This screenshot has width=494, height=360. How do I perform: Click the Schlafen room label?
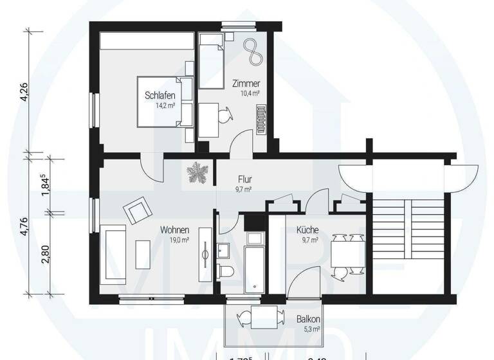pos(160,96)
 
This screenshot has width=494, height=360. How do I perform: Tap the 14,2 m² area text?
pos(165,105)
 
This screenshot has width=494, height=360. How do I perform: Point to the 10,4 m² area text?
pos(250,94)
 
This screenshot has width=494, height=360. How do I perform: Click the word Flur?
pos(244,179)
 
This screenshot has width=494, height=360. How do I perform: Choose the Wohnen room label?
pos(174,230)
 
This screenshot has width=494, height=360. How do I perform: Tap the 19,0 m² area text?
pos(178,240)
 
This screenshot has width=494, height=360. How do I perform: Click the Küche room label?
pos(307,230)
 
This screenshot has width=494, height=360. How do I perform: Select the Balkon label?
pos(309,319)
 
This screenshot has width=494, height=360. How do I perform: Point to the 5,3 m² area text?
pos(311,330)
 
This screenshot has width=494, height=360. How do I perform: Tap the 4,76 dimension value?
pos(24,226)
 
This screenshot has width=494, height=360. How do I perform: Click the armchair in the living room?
pos(138,211)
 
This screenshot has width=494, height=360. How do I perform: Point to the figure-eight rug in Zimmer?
pos(252,50)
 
